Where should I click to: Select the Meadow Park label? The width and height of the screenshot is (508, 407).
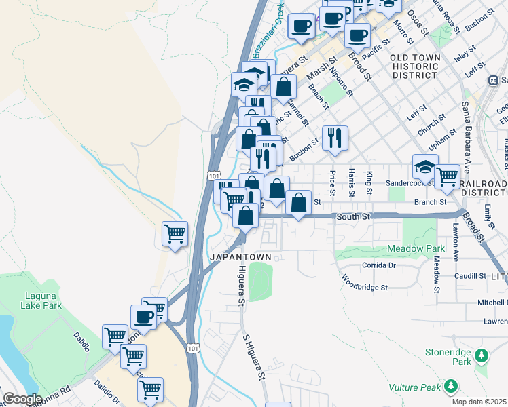416,249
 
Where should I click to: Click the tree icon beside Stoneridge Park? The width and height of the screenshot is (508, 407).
482,355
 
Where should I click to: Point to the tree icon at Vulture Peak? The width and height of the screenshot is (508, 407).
450,387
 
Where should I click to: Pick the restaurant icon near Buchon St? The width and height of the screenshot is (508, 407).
334,138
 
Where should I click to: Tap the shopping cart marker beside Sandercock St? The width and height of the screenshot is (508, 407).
447,176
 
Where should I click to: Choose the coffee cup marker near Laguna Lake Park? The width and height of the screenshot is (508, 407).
144,316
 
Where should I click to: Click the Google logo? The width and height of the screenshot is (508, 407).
22,399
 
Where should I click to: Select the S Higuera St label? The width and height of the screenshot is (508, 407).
253,357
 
